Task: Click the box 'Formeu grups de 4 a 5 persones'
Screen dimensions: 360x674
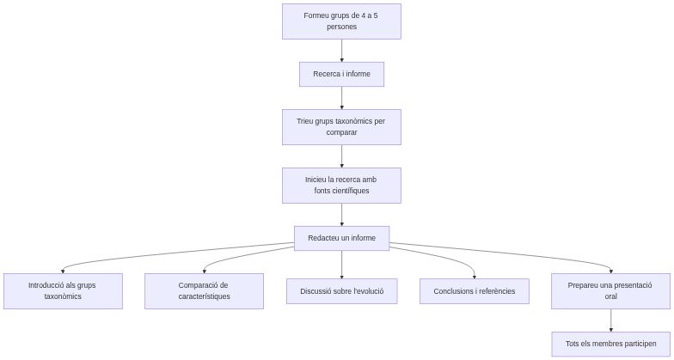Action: pos(341,21)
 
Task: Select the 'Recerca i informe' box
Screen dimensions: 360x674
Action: pos(341,75)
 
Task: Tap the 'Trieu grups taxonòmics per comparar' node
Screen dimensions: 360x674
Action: pos(341,127)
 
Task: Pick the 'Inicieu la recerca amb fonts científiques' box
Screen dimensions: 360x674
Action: pos(341,186)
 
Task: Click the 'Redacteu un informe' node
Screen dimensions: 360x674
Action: pos(341,238)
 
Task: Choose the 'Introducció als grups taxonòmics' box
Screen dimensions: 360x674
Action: pos(63,291)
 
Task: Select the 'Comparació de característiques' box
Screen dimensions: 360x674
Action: pos(204,291)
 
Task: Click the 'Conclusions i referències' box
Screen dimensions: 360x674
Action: pos(475,291)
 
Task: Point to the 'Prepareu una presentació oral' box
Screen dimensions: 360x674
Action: pos(611,291)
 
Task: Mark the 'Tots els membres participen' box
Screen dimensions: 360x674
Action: pos(611,344)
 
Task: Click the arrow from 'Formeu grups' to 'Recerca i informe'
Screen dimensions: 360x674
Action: pos(341,51)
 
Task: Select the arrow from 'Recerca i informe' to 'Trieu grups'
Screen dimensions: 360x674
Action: pos(341,98)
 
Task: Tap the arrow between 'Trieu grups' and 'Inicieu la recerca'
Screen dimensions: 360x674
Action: pos(341,156)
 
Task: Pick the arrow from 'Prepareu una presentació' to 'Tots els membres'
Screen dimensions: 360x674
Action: pos(611,320)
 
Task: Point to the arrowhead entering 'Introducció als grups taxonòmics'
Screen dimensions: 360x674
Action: pos(63,270)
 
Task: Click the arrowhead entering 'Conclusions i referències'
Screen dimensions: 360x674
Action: pos(475,275)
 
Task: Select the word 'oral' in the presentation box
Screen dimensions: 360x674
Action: pos(611,297)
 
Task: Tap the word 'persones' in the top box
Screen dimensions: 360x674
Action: pos(341,27)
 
